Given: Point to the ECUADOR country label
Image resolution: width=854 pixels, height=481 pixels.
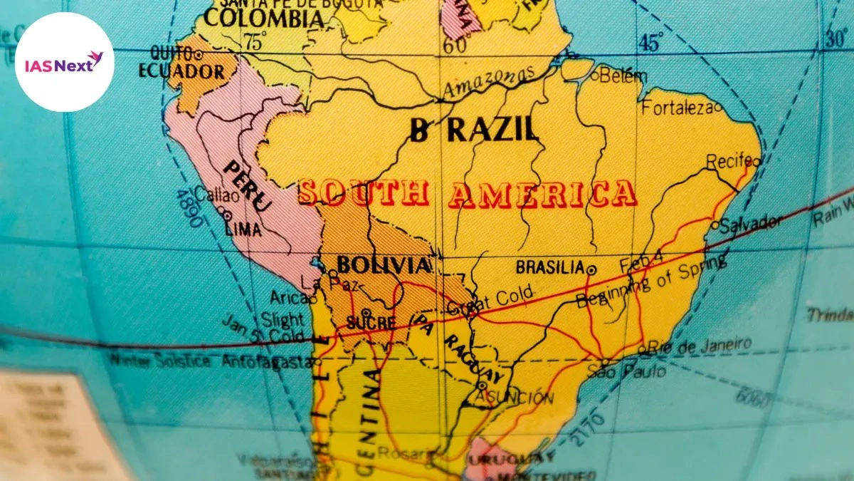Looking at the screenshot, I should [x=181, y=72].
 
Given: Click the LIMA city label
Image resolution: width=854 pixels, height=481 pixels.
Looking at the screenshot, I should [x=243, y=229].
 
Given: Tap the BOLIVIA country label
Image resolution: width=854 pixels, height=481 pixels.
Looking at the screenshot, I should [x=384, y=266].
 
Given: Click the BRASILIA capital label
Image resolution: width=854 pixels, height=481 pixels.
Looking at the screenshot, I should [x=549, y=268].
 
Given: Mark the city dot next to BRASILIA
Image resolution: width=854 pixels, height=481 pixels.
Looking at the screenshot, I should [x=591, y=269].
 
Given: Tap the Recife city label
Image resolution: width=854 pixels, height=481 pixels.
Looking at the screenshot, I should [x=728, y=162].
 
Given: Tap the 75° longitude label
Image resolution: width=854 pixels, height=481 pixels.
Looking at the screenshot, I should [x=256, y=41].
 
